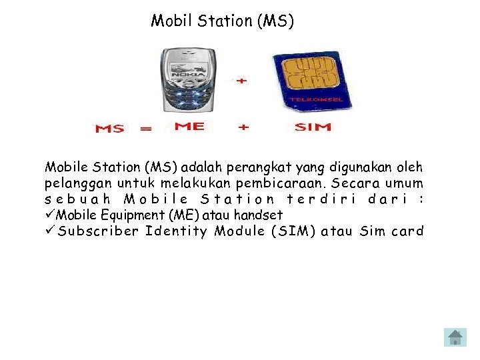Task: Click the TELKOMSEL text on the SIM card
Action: pyautogui.click(x=315, y=100)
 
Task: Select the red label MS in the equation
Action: pyautogui.click(x=109, y=128)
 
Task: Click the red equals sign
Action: pyautogui.click(x=145, y=128)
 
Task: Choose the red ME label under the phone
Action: pyautogui.click(x=189, y=126)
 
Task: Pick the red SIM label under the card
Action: pyautogui.click(x=312, y=127)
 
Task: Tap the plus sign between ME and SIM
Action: pyautogui.click(x=243, y=127)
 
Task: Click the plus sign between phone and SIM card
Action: pyautogui.click(x=241, y=80)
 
